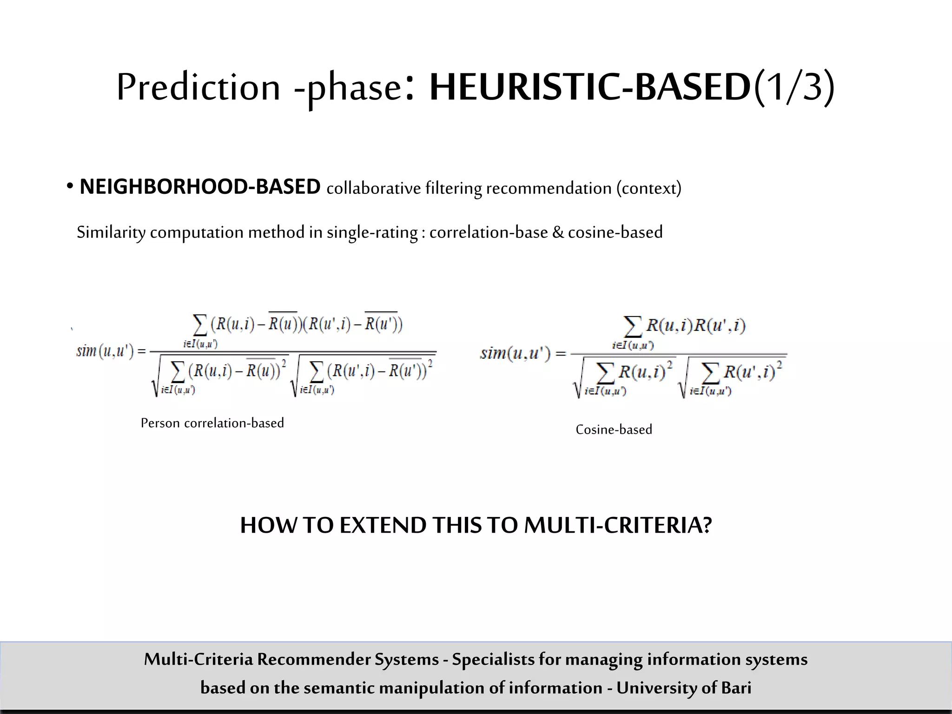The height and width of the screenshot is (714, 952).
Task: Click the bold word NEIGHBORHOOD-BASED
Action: [200, 187]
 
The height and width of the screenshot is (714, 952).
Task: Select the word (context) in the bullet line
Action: [649, 188]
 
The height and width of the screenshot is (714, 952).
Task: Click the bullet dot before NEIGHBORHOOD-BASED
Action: [70, 187]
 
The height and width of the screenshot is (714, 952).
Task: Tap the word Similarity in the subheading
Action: [111, 232]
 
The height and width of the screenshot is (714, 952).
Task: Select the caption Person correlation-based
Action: [212, 423]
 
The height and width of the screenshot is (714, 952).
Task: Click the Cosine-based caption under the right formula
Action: [614, 430]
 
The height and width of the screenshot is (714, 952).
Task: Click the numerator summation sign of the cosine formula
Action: [633, 327]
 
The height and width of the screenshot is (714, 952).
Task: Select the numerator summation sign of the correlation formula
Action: [200, 325]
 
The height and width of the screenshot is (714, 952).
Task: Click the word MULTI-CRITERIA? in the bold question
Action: [618, 525]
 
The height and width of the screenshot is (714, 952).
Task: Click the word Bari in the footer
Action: [736, 688]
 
